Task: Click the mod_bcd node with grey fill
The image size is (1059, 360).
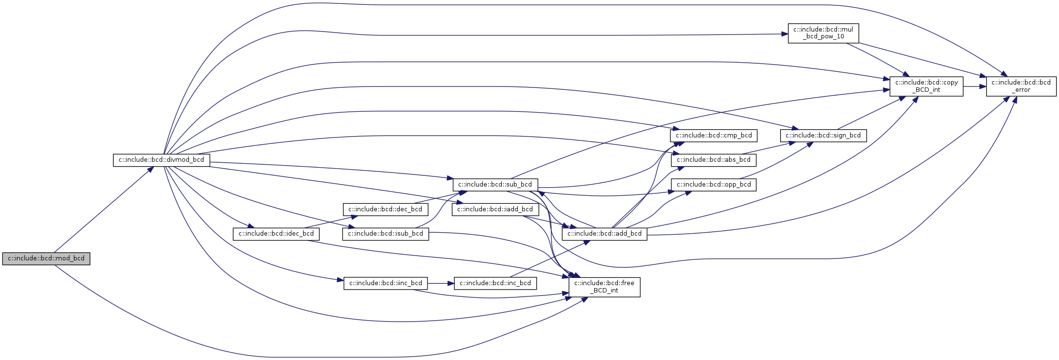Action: [x=46, y=258]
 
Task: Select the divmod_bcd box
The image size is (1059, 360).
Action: [x=161, y=160]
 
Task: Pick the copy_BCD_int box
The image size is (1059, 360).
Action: [x=926, y=86]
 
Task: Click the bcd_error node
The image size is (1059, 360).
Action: [x=1021, y=86]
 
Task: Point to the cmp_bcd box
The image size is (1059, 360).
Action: [x=713, y=136]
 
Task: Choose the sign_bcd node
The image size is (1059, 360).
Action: [x=823, y=136]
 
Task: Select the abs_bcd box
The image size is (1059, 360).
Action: [x=713, y=160]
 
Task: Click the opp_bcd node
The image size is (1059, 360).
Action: [x=713, y=185]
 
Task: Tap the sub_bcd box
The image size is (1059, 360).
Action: [x=495, y=185]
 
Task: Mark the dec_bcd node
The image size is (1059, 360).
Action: [x=386, y=209]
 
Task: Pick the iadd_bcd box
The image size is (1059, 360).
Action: [x=495, y=209]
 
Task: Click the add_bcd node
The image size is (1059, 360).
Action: [x=604, y=234]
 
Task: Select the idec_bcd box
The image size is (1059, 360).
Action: [x=276, y=234]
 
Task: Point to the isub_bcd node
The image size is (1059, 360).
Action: [x=386, y=234]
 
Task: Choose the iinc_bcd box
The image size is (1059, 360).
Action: [x=386, y=283]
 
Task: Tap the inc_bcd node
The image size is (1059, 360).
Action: [x=495, y=283]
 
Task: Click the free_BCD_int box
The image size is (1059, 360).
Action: [x=604, y=287]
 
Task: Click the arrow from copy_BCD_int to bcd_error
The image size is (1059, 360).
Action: [x=974, y=86]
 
